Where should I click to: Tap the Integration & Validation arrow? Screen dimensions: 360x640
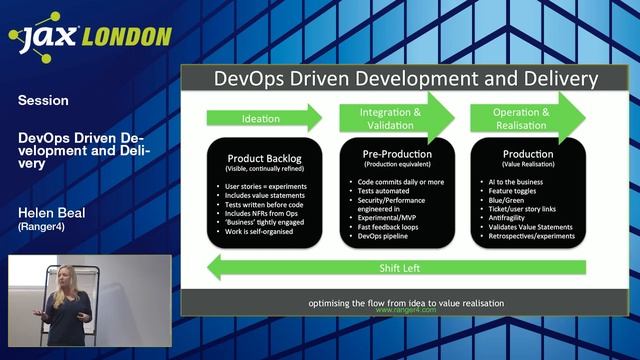click(395, 117)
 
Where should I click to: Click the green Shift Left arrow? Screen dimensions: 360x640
click(395, 268)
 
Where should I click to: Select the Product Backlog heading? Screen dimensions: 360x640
click(263, 158)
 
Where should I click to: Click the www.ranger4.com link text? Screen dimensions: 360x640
click(405, 311)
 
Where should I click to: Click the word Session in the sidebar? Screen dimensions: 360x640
click(43, 100)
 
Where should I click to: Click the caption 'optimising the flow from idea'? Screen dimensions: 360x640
click(405, 302)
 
